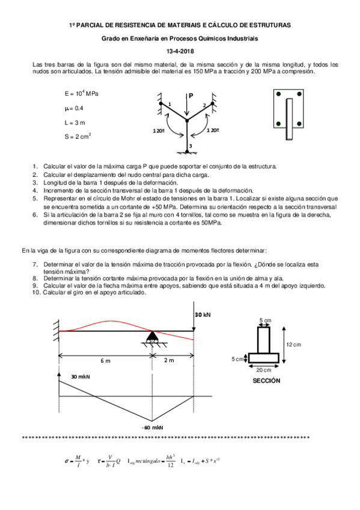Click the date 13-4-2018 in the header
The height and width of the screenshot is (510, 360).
(x=180, y=51)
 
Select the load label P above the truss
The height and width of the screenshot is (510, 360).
(x=191, y=96)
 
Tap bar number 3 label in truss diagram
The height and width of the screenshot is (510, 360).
(x=191, y=146)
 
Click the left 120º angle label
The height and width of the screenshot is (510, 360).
(x=159, y=130)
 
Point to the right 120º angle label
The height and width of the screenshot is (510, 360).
(x=213, y=130)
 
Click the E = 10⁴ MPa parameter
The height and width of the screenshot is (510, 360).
(x=81, y=94)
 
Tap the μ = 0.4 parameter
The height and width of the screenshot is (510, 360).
(x=75, y=108)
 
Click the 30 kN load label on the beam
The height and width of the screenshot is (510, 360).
(x=203, y=315)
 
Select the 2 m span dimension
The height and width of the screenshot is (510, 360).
(x=169, y=360)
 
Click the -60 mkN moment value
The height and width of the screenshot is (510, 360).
(x=153, y=427)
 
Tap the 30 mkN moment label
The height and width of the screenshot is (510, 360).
(x=80, y=376)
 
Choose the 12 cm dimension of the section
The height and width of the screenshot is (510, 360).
(x=293, y=345)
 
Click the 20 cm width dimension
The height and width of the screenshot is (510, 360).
(x=263, y=369)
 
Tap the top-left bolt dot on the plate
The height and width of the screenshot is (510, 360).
(x=278, y=94)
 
